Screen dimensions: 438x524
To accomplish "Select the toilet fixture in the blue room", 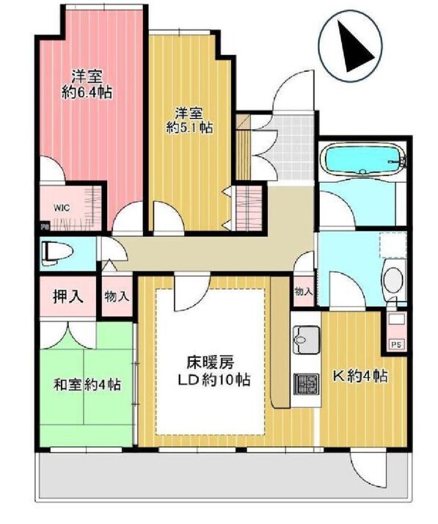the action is (56, 254).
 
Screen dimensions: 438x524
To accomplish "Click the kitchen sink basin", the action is (306, 340).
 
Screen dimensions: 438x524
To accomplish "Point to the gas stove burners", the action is (306, 384).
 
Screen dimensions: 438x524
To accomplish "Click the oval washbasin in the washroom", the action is (393, 277).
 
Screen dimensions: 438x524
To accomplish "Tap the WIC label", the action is (62, 208).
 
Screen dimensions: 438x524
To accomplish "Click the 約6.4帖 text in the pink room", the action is (87, 92).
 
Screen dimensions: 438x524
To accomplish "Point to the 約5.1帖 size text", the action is (190, 127).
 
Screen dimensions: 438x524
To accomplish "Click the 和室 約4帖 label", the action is (87, 385).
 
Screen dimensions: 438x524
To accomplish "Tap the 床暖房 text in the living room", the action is (210, 362).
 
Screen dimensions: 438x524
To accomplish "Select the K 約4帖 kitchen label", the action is (360, 376).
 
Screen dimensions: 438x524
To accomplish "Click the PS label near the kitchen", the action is (396, 344).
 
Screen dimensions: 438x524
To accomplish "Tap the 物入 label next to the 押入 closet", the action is (117, 296).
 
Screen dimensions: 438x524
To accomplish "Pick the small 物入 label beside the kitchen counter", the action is (303, 292).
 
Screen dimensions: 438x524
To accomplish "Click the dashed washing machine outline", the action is (393, 245).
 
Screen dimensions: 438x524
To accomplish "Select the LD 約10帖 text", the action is (214, 379).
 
